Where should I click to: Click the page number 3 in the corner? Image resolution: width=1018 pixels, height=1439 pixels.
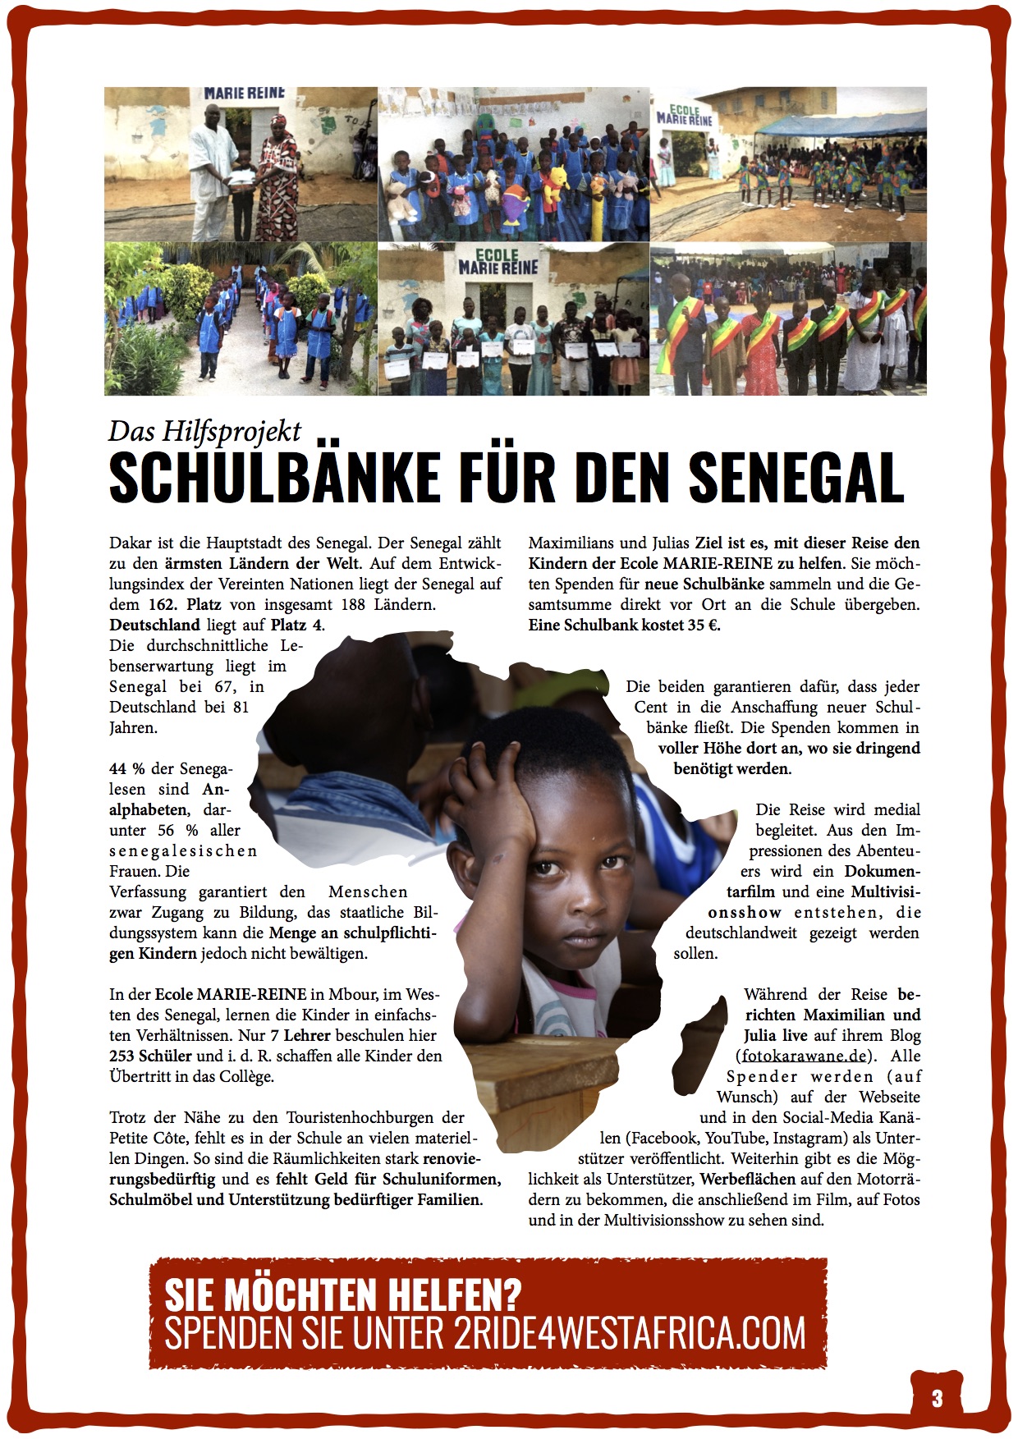(937, 1398)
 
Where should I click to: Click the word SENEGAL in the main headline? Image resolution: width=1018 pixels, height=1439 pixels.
(796, 478)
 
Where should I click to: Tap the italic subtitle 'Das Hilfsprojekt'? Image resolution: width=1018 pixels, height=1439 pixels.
(204, 431)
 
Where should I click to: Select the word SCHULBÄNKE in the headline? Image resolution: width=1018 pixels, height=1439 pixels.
(274, 478)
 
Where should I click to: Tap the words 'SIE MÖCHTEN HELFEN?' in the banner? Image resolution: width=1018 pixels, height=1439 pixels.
(343, 1295)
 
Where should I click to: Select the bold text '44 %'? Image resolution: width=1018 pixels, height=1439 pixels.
(126, 768)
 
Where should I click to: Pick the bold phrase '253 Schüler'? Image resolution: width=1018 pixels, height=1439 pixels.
(150, 1056)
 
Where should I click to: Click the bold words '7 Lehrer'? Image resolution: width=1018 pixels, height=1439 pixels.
(300, 1035)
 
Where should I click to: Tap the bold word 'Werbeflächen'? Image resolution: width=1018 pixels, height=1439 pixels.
(747, 1179)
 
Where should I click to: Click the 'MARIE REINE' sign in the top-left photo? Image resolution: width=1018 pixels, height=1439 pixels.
(244, 94)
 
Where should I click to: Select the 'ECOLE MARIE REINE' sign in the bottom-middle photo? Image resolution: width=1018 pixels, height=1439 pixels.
(498, 262)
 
